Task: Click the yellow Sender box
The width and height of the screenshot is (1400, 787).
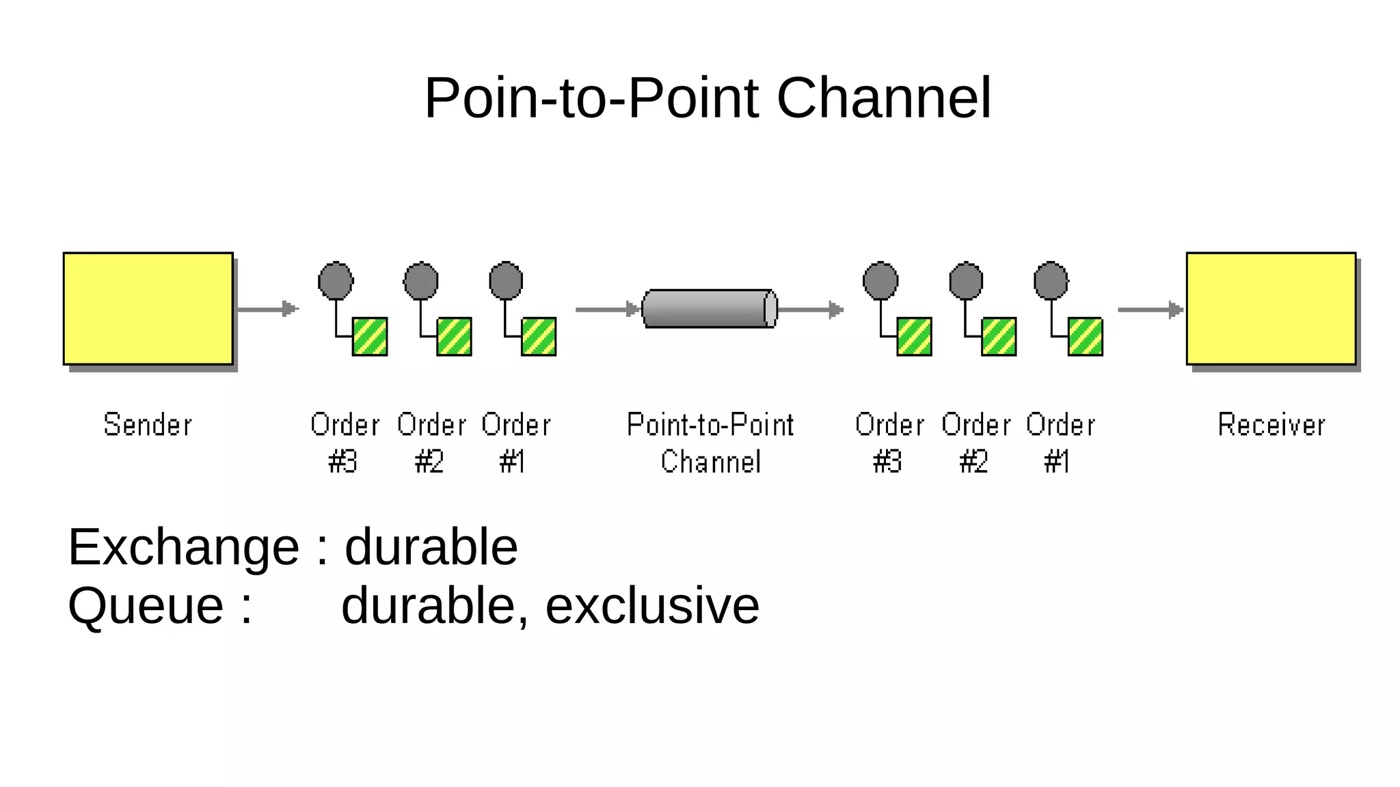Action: point(148,308)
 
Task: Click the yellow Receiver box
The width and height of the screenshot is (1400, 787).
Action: point(1271,308)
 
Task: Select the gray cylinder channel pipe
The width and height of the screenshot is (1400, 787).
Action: point(709,309)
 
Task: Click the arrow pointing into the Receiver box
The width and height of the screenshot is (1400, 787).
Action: point(1150,309)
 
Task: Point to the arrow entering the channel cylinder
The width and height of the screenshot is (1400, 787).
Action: point(607,309)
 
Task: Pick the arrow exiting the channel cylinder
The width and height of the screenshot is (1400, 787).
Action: point(811,309)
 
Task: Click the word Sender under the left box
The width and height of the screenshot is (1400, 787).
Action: point(148,425)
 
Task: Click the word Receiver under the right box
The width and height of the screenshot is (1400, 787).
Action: point(1271,425)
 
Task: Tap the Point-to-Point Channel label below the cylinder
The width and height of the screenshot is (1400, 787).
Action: point(710,443)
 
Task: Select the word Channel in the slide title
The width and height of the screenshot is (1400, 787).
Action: point(883,98)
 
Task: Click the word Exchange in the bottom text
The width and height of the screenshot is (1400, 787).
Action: point(183,547)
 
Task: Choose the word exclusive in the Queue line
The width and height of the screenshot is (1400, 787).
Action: point(652,605)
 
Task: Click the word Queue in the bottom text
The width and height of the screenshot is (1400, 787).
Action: point(146,605)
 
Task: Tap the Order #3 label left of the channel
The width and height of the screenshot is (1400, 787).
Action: point(345,443)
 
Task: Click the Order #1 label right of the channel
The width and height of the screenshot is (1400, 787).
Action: point(1060,443)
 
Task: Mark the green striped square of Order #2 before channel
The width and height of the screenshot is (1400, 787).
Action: point(454,336)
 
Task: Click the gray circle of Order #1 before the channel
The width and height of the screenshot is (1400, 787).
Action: point(506,281)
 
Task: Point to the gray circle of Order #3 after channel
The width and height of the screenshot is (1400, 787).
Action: point(880,281)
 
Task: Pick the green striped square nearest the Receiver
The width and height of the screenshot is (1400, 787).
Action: point(1085,336)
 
